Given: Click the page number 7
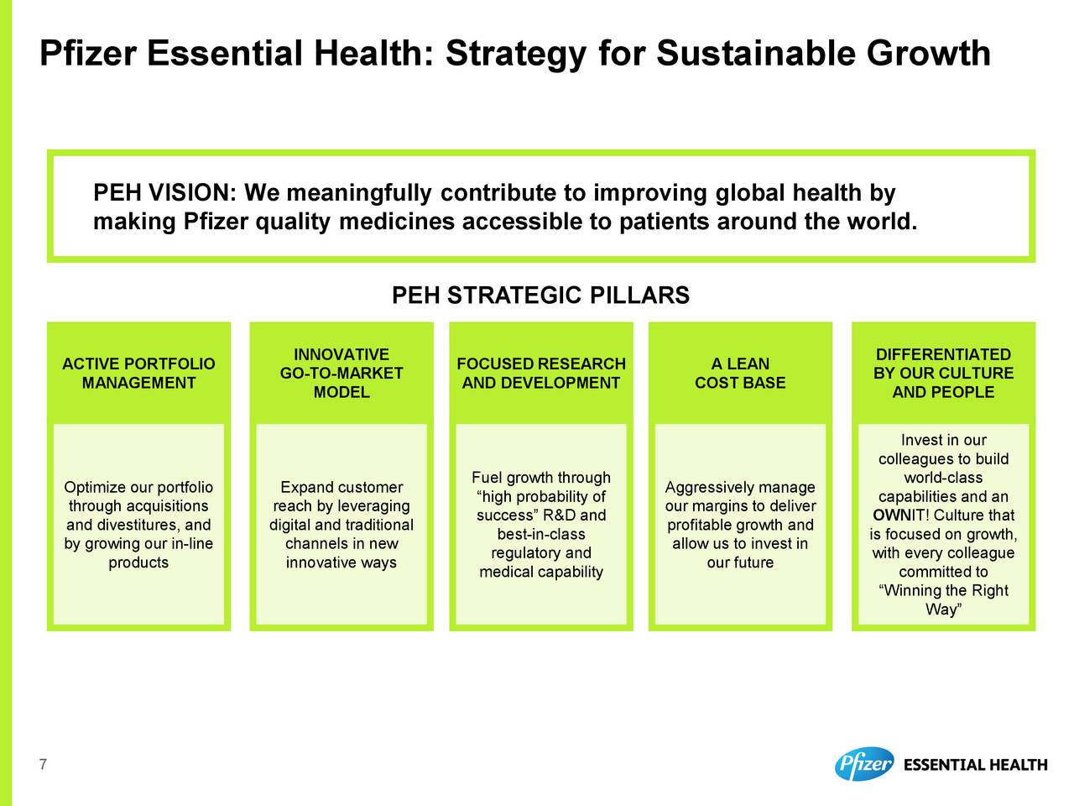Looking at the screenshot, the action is [43, 764].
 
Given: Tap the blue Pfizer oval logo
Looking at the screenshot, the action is [864, 764].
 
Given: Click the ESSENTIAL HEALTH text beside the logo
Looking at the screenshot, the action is [976, 764].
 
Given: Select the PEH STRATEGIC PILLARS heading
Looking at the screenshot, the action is [540, 295].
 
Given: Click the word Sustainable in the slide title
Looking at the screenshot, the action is [757, 53].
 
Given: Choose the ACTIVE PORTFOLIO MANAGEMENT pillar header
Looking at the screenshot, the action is [138, 373].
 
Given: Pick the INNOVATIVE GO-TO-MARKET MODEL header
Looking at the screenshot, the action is [341, 373].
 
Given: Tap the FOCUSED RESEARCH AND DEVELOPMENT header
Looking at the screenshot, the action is [541, 373].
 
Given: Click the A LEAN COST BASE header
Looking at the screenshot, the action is [740, 373].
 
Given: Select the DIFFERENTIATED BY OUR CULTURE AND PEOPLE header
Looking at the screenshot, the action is [943, 373].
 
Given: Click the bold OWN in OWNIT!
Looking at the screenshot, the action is [890, 515].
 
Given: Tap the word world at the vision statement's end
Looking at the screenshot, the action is [882, 221].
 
